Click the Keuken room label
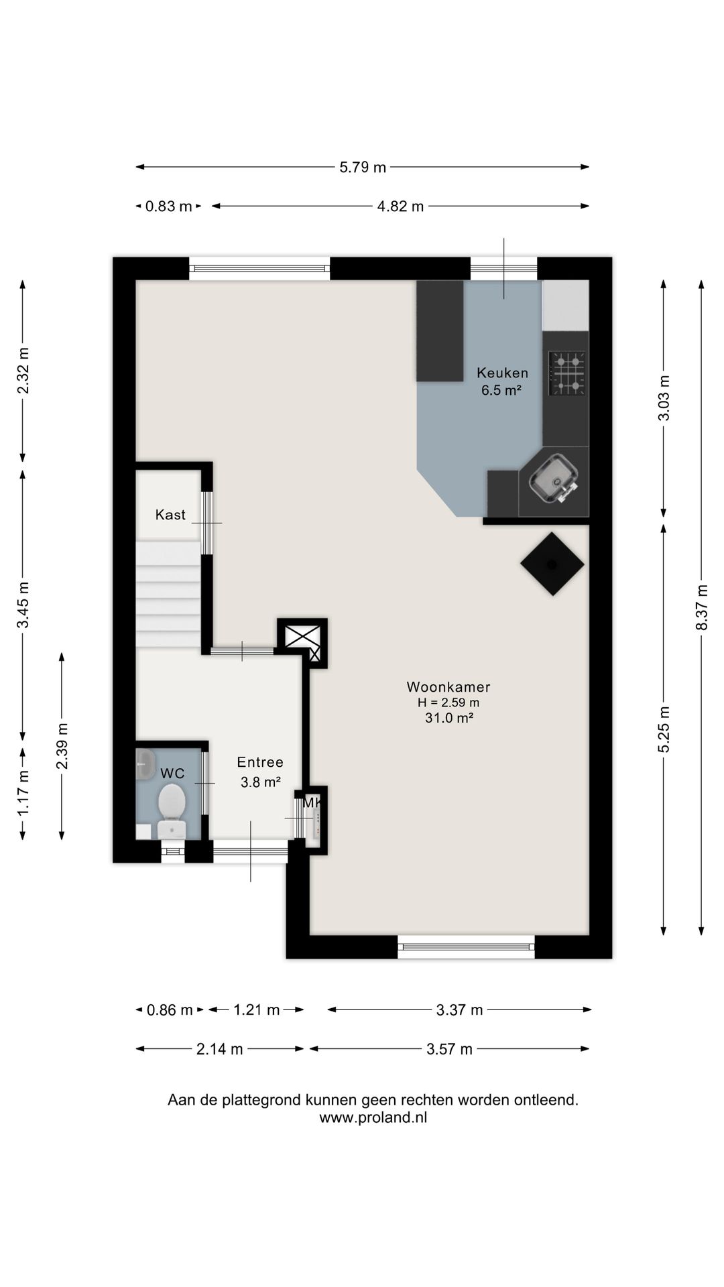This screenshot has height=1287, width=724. pos(502,373)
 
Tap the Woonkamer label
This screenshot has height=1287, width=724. pos(448,687)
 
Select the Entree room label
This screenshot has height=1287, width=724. pos(260,762)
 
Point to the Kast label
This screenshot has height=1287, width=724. pos(170,515)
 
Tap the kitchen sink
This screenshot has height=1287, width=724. pos(554,478)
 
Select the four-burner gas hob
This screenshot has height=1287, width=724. pos(567,373)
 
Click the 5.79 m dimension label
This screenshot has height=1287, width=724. pos(363,167)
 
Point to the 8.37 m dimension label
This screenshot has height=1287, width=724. pos(702,607)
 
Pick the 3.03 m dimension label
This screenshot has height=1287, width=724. pos(664,398)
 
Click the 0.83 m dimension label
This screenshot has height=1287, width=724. pos(169,206)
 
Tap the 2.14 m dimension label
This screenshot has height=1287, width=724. pos(219,1049)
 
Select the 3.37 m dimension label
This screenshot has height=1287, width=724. pos(459,1010)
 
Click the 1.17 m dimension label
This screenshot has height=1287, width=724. pos(23,793)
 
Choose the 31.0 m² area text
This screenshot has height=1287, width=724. pos(449,718)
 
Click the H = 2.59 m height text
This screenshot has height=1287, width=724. pos(448,702)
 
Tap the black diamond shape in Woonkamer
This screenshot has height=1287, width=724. pos(552,564)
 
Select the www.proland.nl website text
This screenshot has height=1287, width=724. pos(373,1117)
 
